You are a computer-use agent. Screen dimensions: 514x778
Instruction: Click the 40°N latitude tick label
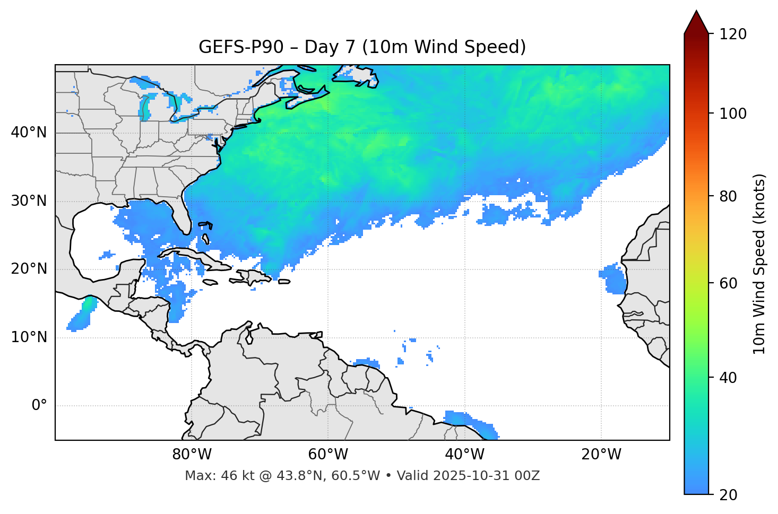29,133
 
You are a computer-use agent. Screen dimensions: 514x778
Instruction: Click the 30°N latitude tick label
29,201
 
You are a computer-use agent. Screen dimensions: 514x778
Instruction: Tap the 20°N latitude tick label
29,269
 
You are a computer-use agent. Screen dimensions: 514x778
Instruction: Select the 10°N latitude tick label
29,337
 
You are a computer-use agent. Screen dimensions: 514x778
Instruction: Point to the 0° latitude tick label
39,406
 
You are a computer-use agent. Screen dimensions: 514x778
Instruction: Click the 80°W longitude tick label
192,455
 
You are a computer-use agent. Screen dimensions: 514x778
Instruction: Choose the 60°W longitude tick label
328,455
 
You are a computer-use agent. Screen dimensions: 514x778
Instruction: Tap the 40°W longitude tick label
464,455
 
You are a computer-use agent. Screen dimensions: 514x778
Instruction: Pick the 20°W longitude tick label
601,455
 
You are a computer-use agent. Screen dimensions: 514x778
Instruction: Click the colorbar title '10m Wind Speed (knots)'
759,264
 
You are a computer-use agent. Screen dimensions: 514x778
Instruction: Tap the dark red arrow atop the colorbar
696,22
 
